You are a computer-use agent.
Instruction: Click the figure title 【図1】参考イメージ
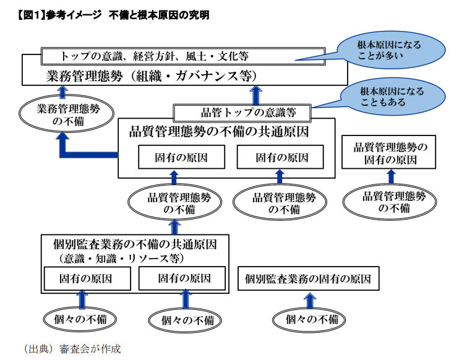tap(59, 15)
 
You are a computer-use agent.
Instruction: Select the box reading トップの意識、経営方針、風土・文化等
tap(183, 56)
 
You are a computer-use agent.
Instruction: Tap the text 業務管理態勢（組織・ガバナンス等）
tap(152, 76)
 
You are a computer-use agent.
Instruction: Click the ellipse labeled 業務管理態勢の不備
tap(66, 114)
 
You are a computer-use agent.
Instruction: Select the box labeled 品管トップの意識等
tap(242, 113)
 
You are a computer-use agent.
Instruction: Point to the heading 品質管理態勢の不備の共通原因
tap(219, 131)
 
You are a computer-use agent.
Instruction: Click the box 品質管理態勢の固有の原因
tap(388, 152)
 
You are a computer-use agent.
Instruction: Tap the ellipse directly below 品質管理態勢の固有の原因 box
tap(390, 202)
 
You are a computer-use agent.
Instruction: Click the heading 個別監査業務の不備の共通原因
tap(135, 244)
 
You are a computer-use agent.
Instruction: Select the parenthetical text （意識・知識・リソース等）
tap(121, 258)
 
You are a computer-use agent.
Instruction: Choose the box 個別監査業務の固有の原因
tap(308, 278)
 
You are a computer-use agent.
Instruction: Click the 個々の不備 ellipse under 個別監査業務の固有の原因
tap(309, 320)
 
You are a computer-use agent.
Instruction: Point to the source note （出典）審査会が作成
tap(72, 349)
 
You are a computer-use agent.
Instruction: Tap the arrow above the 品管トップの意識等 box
tap(256, 95)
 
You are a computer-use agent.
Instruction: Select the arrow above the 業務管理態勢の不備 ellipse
tap(62, 92)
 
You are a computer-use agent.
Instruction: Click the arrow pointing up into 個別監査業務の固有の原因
tap(310, 301)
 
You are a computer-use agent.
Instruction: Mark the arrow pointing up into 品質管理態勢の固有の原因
tap(392, 177)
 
